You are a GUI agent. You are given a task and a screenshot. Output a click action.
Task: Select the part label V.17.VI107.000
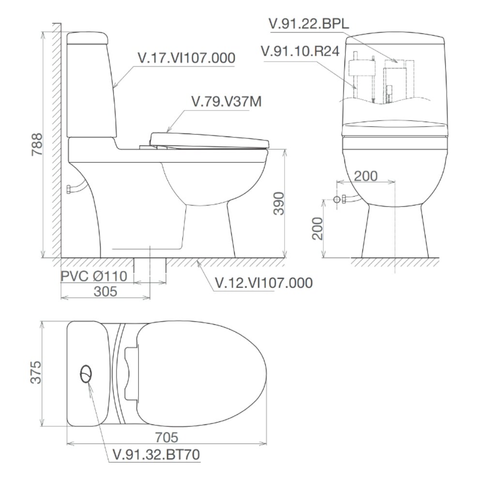pyautogui.click(x=186, y=58)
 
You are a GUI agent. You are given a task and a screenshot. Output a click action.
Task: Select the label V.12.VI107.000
pyautogui.click(x=263, y=283)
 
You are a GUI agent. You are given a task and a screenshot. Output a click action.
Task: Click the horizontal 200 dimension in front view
pyautogui.click(x=365, y=176)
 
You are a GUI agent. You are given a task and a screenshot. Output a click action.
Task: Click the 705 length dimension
pyautogui.click(x=166, y=438)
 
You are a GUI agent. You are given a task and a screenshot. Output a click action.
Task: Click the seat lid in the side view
pyautogui.click(x=208, y=139)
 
